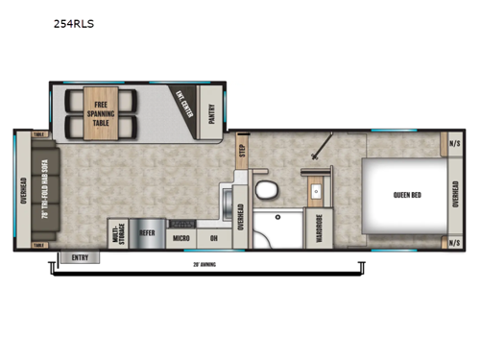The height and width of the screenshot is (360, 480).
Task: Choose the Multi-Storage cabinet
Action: pyautogui.click(x=118, y=231)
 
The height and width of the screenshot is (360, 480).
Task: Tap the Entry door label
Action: pyautogui.click(x=79, y=256)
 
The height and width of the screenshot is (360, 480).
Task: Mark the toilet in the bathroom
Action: pyautogui.click(x=266, y=184)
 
